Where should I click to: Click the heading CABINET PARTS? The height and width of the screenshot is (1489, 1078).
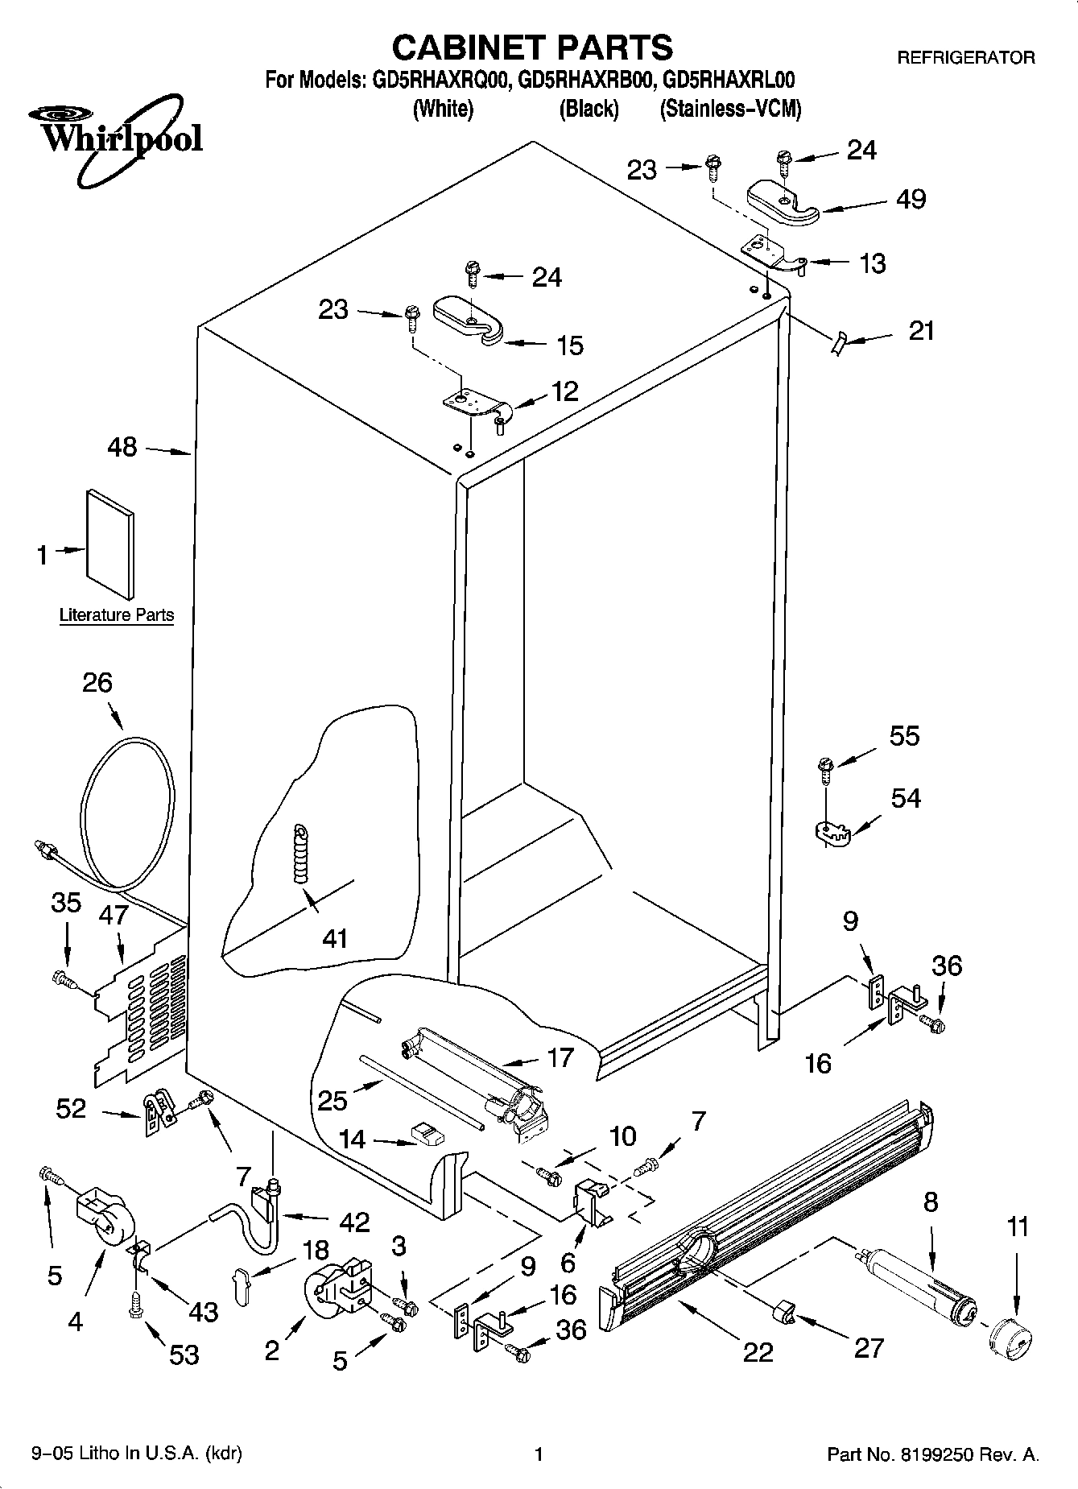pyautogui.click(x=532, y=48)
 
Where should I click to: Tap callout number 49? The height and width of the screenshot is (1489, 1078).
pyautogui.click(x=911, y=199)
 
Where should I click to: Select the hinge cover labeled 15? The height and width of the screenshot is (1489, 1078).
pyautogui.click(x=468, y=321)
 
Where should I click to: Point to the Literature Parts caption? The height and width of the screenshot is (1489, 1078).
pyautogui.click(x=117, y=615)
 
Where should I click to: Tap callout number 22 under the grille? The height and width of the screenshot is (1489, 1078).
pyautogui.click(x=758, y=1351)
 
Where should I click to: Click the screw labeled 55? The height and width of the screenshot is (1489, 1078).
pyautogui.click(x=825, y=769)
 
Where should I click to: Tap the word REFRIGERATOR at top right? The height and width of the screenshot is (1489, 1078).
pyautogui.click(x=965, y=58)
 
